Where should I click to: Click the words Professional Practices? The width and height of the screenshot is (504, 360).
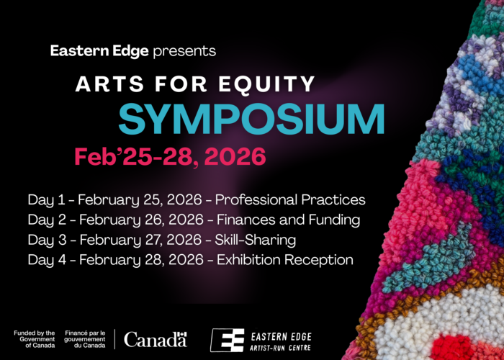tap(291, 199)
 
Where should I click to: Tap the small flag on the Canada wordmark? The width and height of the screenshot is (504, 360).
tap(181, 334)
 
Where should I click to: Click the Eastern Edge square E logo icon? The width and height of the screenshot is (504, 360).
tap(222, 339)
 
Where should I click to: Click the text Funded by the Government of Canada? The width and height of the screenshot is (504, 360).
tap(35, 339)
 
